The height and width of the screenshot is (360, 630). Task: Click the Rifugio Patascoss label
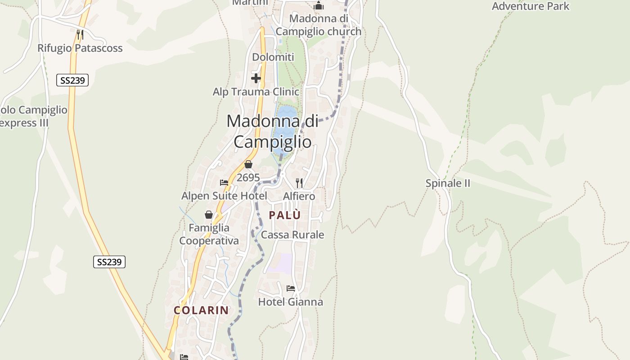[80, 48]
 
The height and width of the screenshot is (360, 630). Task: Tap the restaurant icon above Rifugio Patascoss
[80, 34]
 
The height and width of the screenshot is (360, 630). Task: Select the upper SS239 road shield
[72, 81]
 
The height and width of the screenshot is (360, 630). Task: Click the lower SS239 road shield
[109, 262]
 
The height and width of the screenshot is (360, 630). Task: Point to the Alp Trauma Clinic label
[256, 92]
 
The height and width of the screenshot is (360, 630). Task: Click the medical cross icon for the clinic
[256, 78]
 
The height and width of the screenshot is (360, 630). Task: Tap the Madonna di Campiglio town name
[272, 131]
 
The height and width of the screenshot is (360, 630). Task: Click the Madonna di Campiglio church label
[319, 25]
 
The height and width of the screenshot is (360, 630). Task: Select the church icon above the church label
[319, 5]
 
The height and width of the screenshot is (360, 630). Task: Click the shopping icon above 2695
[248, 165]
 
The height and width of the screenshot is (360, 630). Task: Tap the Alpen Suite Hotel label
[224, 196]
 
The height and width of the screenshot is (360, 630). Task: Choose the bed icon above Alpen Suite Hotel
[224, 183]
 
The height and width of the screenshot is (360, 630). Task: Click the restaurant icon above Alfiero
[299, 183]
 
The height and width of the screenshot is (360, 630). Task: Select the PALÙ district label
[285, 215]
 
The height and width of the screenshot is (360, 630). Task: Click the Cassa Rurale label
[292, 235]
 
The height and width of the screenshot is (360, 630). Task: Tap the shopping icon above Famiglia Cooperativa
[209, 215]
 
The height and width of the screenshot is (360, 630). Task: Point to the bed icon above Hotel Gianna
[291, 288]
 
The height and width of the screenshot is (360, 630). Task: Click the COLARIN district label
[202, 310]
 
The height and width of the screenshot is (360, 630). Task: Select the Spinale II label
[448, 184]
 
